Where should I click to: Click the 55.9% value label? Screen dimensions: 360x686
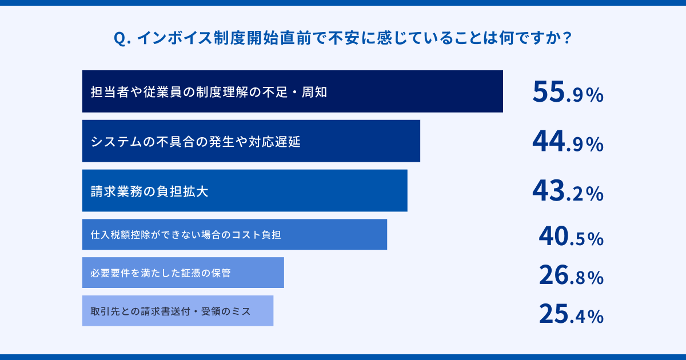[x=568, y=92]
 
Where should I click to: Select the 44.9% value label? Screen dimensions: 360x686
[x=568, y=142]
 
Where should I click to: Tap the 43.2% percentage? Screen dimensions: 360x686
[x=568, y=191]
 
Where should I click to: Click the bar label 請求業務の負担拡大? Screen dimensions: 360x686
[x=149, y=191]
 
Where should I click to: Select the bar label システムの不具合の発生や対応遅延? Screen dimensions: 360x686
[x=196, y=142]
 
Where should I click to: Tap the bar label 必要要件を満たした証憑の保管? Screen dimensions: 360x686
[x=161, y=273]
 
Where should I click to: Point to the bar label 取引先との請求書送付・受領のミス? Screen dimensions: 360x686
[x=170, y=311]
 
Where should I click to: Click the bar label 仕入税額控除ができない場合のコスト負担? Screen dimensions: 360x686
[x=186, y=235]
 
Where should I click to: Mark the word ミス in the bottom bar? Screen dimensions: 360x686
[x=242, y=311]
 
